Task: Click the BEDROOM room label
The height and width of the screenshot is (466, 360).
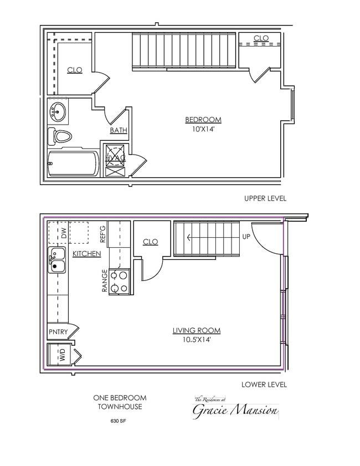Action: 203,120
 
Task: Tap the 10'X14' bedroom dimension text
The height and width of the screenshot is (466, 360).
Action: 203,130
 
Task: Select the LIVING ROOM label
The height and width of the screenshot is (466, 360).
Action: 196,331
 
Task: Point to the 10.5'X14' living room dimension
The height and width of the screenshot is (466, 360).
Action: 196,340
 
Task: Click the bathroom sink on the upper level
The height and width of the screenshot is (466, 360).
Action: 57,112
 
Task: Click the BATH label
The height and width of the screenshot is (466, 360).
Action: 118,131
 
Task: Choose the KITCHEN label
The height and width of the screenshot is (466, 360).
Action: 87,254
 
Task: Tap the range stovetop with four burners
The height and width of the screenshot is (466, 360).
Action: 120,281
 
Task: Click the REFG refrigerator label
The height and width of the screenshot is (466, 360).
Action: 102,234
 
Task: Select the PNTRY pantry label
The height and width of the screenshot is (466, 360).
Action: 58,332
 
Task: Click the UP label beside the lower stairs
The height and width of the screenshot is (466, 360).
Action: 246,237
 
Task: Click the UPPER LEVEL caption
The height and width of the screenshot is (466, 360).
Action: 265,198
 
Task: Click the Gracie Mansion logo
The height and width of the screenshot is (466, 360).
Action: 235,409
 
